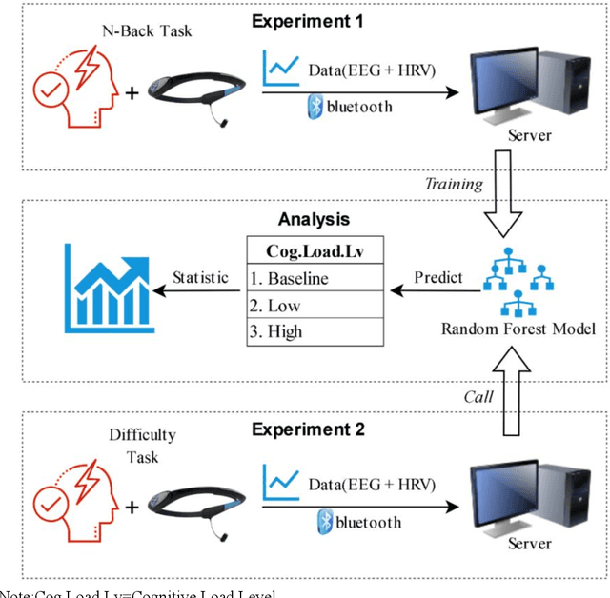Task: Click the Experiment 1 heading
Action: (x=308, y=20)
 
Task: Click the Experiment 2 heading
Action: (x=308, y=429)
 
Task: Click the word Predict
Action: (x=437, y=278)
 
